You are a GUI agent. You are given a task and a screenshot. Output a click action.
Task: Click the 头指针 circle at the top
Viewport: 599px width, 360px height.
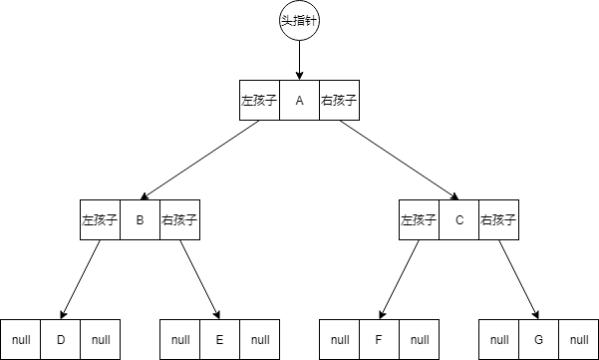[x=299, y=21]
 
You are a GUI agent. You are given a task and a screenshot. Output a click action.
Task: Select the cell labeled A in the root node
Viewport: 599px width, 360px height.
[x=299, y=101]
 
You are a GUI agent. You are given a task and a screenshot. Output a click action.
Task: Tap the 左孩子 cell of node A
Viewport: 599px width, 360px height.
[x=259, y=101]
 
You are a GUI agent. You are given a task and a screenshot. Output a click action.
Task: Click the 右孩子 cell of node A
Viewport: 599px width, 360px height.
[x=339, y=101]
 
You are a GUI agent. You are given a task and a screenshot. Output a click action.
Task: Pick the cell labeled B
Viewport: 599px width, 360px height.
[x=140, y=220]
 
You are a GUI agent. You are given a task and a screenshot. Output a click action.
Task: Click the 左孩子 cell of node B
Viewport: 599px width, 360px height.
[x=100, y=220]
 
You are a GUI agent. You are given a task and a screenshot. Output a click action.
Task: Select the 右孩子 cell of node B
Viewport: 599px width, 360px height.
[x=179, y=220]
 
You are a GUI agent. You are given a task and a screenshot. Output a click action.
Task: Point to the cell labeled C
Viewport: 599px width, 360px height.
[x=458, y=220]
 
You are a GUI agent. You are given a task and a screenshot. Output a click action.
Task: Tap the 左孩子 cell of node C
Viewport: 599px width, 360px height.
[x=419, y=220]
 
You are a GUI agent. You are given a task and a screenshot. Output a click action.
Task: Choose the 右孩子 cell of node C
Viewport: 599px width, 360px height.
[x=498, y=220]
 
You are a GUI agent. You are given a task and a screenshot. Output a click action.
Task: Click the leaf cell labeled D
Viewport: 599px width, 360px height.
[x=60, y=340]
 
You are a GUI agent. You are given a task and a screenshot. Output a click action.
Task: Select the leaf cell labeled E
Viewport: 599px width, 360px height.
[x=219, y=340]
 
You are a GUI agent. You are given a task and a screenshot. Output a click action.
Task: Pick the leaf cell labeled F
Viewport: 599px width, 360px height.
[x=379, y=340]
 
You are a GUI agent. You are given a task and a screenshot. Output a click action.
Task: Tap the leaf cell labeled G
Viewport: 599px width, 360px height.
[x=538, y=340]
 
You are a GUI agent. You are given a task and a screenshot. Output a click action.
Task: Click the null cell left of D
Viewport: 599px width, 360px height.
[x=21, y=340]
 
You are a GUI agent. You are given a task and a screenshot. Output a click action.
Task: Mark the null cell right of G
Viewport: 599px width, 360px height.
[x=578, y=340]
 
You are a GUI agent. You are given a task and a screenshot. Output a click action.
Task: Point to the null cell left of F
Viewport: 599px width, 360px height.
[x=340, y=340]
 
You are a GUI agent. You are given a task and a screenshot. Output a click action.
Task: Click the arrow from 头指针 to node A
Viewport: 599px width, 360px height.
[x=299, y=60]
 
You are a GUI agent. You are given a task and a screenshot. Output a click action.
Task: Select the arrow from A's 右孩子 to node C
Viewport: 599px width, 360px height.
[x=399, y=161]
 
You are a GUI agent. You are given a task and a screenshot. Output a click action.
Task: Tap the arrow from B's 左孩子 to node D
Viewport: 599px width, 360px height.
[x=80, y=280]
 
